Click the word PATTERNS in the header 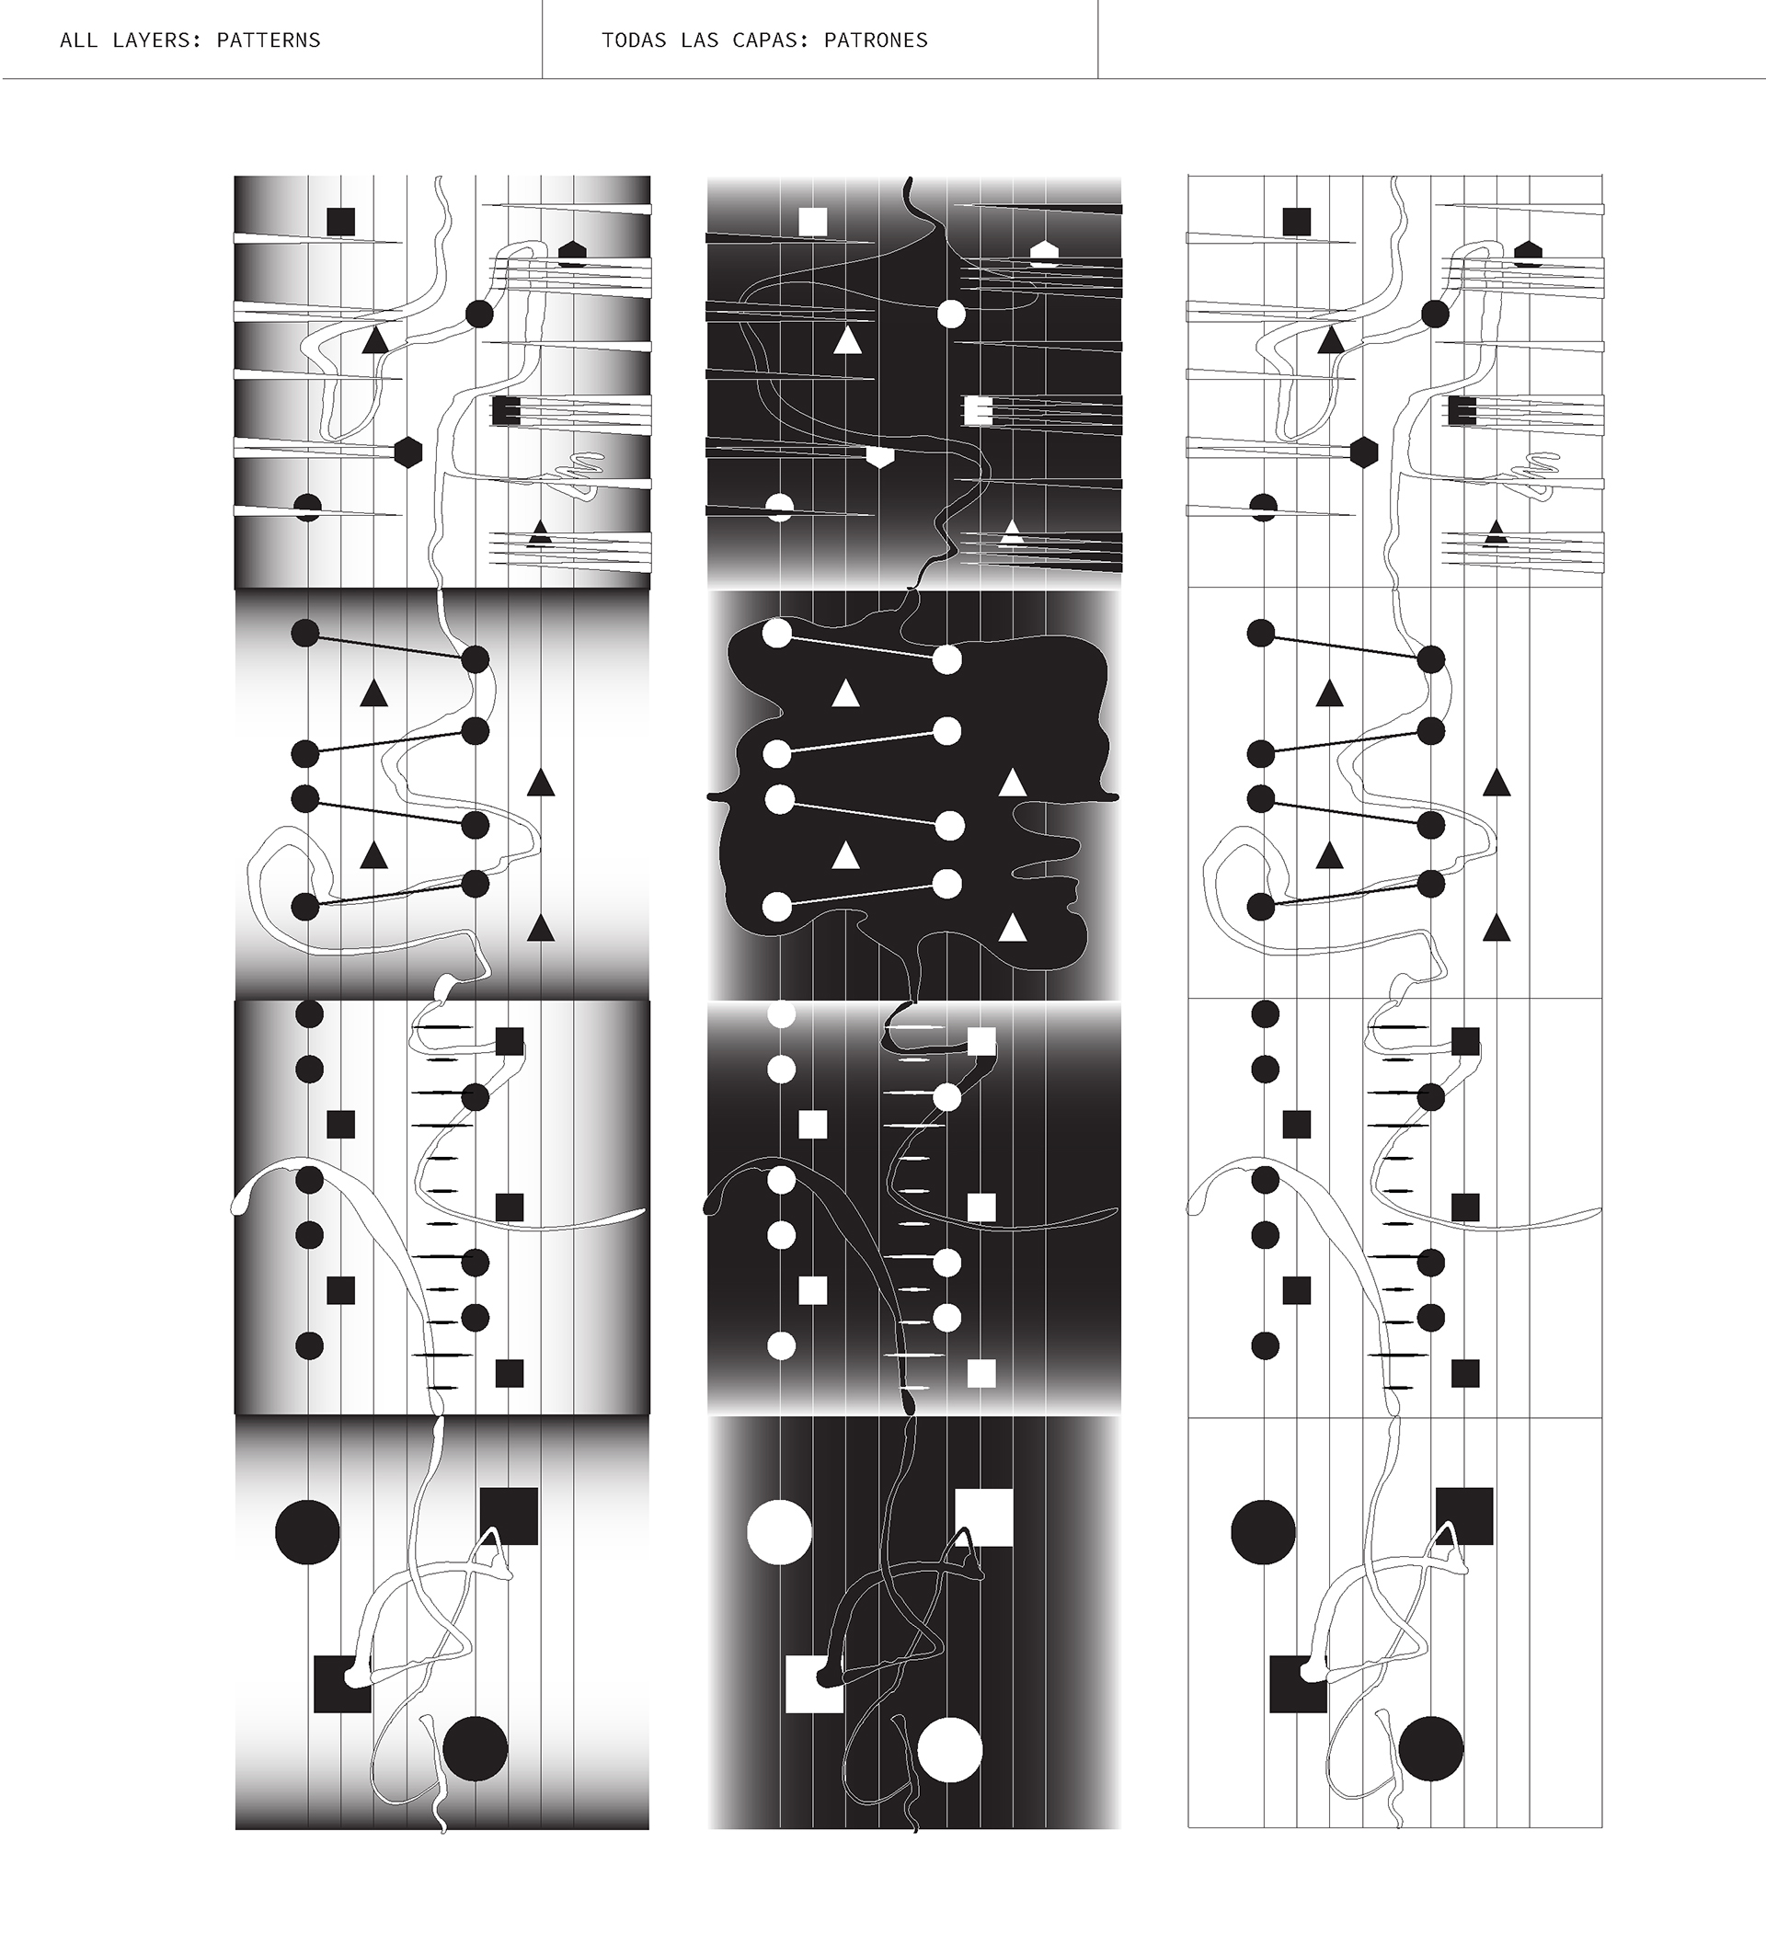coord(269,40)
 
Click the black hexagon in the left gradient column coord(408,452)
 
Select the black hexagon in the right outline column coord(1364,452)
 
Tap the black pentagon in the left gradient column coord(573,253)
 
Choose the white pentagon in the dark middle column coord(1045,253)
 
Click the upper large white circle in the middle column coord(779,1532)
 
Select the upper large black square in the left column coord(509,1516)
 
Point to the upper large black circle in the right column coord(1262,1532)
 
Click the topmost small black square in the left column coord(340,223)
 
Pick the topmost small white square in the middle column coord(812,223)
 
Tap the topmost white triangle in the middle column coord(847,340)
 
